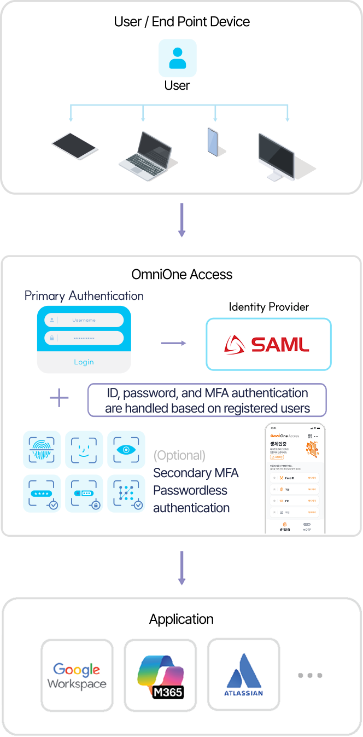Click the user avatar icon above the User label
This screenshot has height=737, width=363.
(x=177, y=58)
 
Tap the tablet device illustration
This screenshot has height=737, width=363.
(x=75, y=145)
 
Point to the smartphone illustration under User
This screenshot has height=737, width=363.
(x=213, y=142)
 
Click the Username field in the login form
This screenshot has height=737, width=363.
(x=84, y=320)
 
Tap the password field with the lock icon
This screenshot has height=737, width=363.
(x=84, y=338)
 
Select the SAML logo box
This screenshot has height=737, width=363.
(x=268, y=344)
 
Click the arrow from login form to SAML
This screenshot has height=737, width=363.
(x=173, y=343)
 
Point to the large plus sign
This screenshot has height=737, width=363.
(x=59, y=398)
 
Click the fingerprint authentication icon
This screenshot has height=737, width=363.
(x=42, y=450)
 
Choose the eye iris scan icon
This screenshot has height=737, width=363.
(x=126, y=450)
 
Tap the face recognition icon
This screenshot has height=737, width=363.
(x=84, y=450)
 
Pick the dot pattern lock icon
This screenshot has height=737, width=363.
(x=126, y=493)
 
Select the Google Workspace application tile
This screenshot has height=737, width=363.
(x=77, y=675)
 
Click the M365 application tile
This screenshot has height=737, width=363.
(x=160, y=675)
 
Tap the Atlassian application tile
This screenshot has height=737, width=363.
(x=244, y=675)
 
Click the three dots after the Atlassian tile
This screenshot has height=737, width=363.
(x=310, y=675)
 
